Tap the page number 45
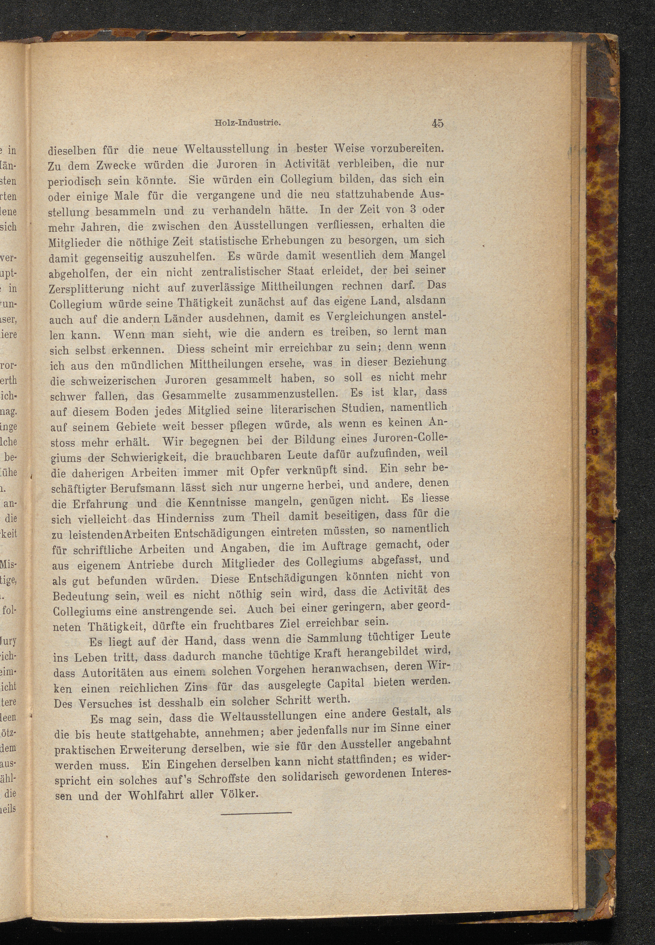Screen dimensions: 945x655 click(437, 123)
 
